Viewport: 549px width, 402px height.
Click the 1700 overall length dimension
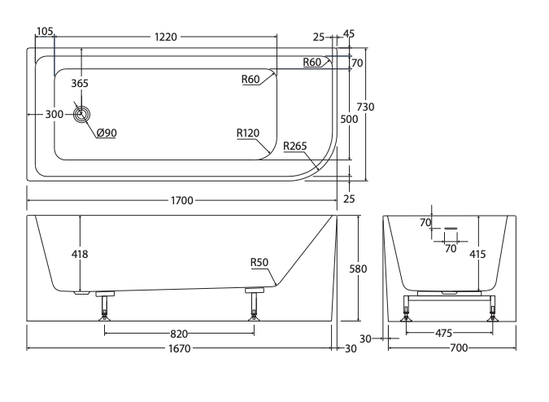[182, 200]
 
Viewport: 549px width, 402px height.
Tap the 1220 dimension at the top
[166, 37]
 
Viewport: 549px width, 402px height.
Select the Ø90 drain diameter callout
[107, 133]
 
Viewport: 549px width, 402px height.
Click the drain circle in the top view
[81, 114]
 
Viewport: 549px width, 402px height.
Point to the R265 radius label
[294, 146]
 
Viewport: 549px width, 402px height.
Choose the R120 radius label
[248, 133]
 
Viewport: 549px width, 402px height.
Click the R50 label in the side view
[259, 262]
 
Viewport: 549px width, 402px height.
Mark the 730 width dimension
[365, 107]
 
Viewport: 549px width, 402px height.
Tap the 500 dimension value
[349, 119]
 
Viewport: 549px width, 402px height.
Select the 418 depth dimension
[80, 254]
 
